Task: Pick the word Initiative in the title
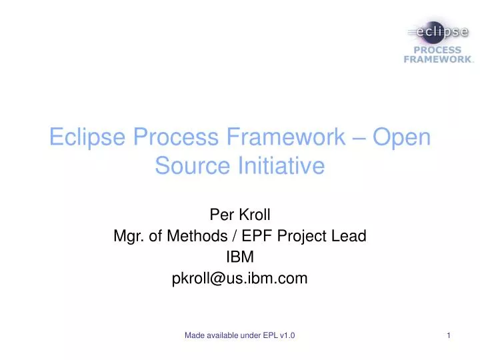coord(279,165)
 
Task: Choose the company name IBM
coord(240,257)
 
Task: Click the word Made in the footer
coord(195,336)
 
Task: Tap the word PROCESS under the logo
coord(438,49)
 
